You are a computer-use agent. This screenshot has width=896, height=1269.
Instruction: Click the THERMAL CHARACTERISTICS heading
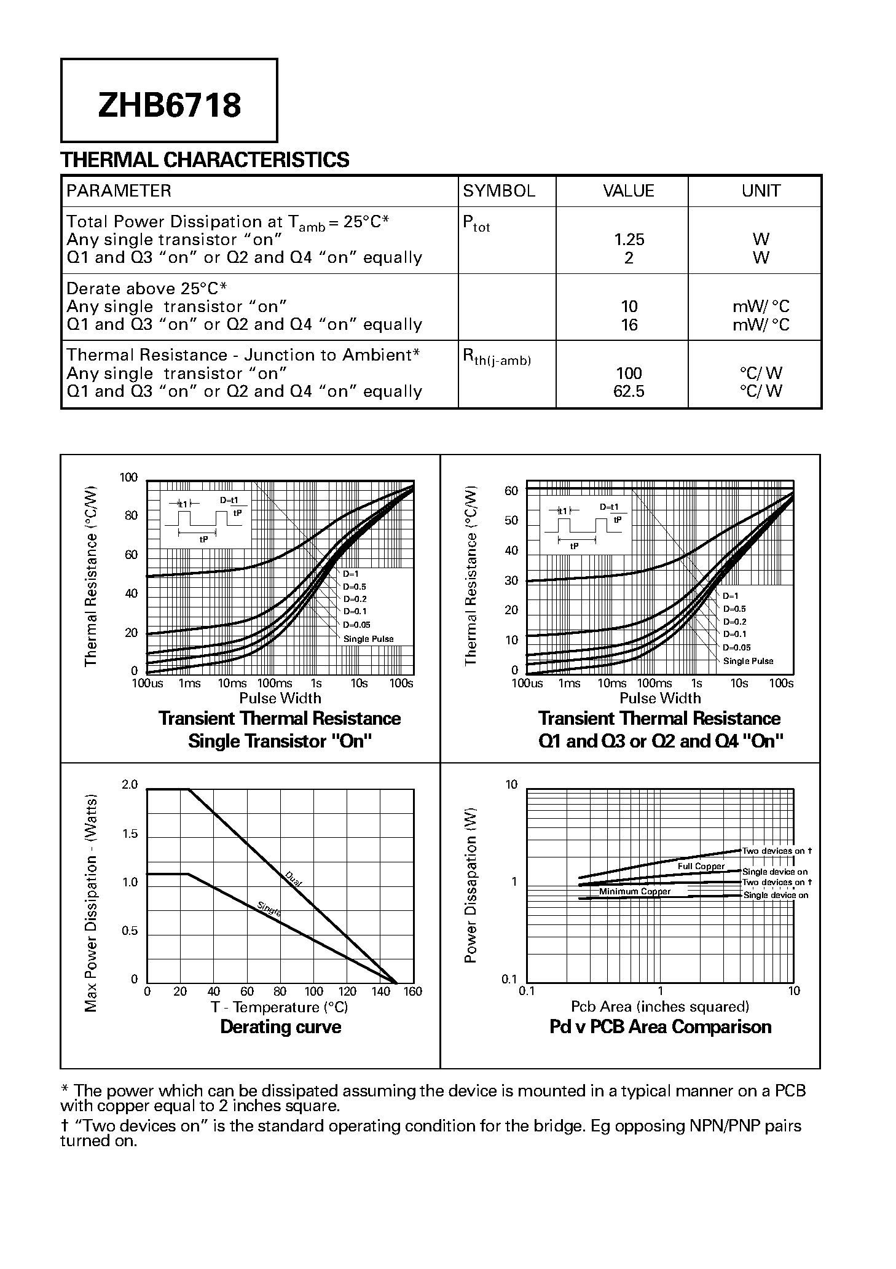coord(205,160)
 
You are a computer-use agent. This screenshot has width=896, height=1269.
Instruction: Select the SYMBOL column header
coord(498,191)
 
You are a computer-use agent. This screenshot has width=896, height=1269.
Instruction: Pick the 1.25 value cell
coord(628,240)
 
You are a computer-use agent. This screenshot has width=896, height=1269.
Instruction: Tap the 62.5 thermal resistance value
coord(628,391)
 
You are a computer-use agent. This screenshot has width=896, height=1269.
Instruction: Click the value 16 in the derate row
coord(629,324)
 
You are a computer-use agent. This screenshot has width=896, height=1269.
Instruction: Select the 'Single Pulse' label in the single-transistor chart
coord(368,639)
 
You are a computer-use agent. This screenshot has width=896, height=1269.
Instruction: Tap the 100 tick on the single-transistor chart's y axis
coord(128,478)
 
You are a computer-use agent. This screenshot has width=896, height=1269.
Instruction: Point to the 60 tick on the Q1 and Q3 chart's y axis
coord(511,491)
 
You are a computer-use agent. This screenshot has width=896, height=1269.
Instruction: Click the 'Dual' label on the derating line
coord(293,879)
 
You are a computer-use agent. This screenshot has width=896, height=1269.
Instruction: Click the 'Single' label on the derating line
coord(269,908)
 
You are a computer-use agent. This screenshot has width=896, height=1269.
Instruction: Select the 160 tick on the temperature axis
coord(413,991)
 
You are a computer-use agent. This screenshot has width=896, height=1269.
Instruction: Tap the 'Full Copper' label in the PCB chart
coord(701,866)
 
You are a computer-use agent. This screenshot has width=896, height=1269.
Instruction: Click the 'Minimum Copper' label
coord(635,891)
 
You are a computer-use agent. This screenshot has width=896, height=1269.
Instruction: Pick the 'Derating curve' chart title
coord(280,1027)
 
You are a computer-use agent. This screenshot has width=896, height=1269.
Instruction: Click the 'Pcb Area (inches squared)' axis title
coord(660,1006)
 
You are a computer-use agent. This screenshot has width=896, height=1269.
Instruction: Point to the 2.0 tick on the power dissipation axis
coord(130,784)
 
